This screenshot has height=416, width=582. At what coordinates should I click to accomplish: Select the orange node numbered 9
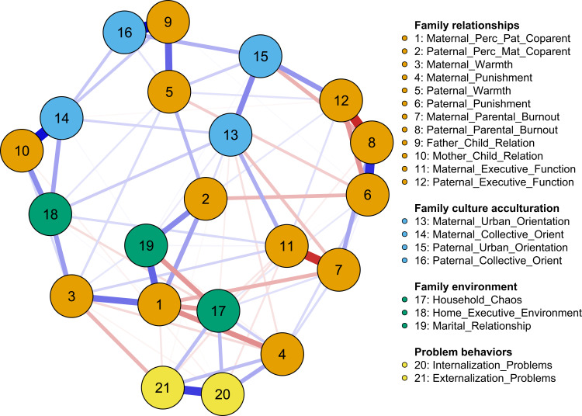[167, 23]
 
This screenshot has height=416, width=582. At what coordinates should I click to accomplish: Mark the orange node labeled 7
[338, 271]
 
